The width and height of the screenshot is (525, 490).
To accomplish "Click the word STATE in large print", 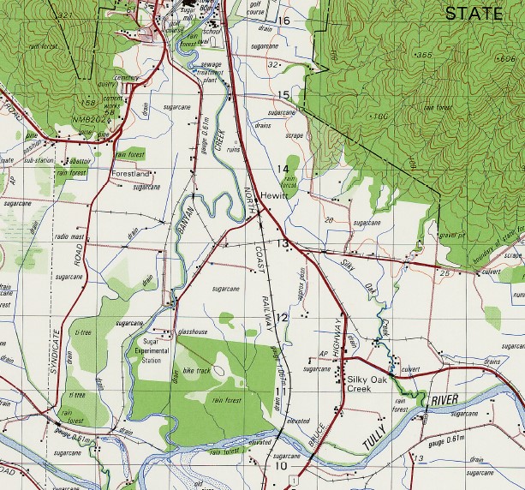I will click(473, 13).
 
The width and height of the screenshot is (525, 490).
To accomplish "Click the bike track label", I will click(198, 370).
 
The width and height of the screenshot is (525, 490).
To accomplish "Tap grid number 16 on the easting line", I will click(283, 21).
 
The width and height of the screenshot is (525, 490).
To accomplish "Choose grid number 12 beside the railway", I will click(281, 318).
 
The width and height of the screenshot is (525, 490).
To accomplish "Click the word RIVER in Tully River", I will click(444, 400).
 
